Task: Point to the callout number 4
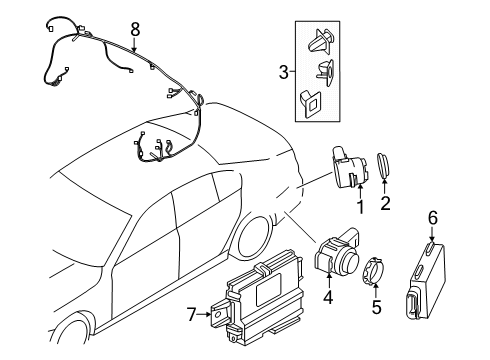(326, 296)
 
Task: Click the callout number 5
(376, 307)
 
